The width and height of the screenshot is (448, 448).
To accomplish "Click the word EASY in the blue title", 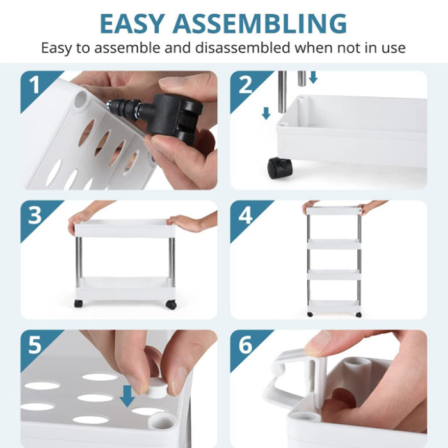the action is click(132, 24).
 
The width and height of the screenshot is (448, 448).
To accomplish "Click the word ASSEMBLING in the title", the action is click(260, 24).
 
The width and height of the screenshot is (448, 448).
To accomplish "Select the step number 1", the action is click(35, 85).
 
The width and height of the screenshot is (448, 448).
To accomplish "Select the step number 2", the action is click(245, 85).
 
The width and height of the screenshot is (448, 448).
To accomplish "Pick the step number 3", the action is click(35, 214).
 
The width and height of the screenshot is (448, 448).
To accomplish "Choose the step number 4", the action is click(245, 214).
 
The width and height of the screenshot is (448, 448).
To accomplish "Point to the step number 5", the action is click(35, 344).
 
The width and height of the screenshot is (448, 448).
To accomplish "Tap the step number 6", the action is click(245, 344).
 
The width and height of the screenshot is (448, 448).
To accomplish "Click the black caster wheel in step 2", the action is click(280, 168).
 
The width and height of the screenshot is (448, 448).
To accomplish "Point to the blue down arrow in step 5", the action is click(127, 396).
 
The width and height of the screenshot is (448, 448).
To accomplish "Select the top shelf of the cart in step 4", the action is click(333, 211).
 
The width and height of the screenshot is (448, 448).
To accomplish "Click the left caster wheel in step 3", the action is click(78, 303).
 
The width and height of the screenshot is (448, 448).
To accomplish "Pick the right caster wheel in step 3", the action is click(171, 305).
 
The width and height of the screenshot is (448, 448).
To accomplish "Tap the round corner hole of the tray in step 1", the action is click(80, 99).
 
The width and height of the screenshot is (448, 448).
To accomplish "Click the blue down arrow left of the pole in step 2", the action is click(266, 113).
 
